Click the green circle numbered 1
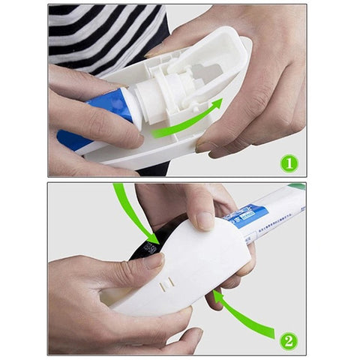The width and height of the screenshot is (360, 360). point(289,161)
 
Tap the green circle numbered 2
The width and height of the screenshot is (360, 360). point(288,341)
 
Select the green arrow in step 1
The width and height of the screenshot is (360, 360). point(188,123)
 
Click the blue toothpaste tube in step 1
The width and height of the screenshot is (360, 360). point(105,112)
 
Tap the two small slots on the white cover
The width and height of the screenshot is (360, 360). point(169,283)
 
